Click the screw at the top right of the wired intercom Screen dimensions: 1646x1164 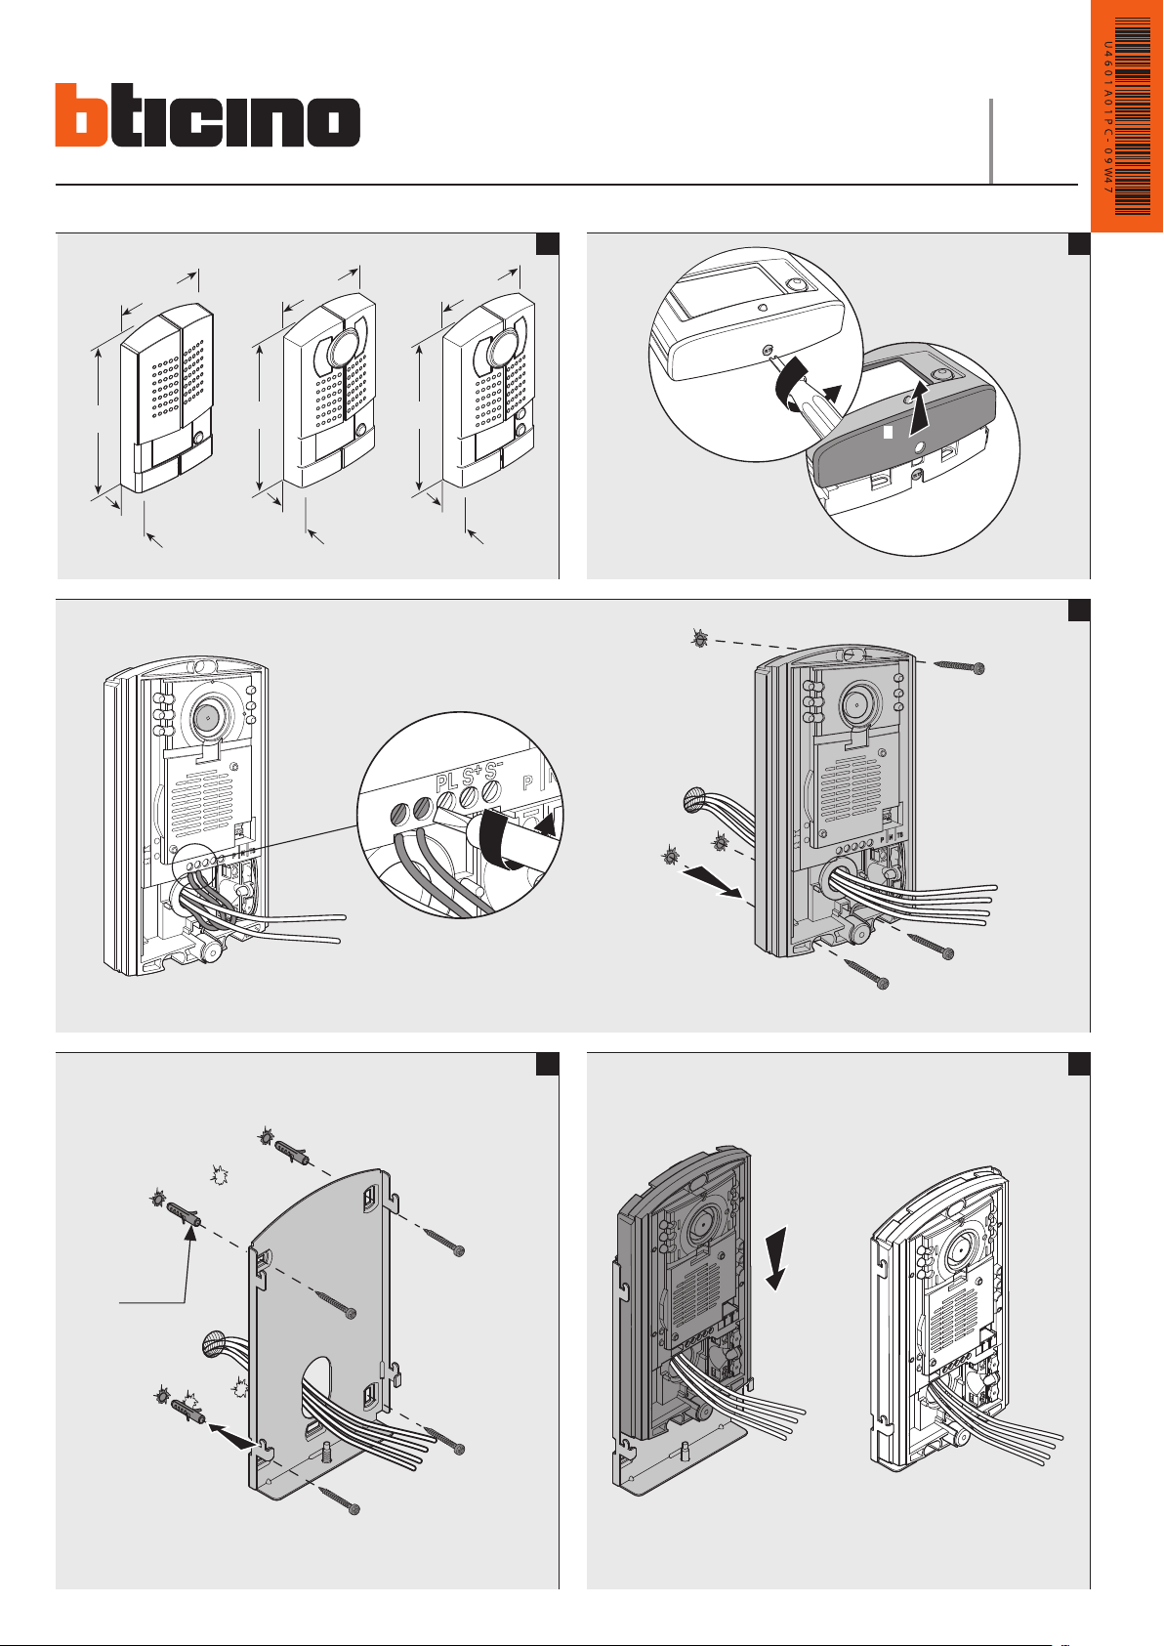[958, 665]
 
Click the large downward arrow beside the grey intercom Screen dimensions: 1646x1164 [779, 1255]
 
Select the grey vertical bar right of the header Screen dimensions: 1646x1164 [991, 141]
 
